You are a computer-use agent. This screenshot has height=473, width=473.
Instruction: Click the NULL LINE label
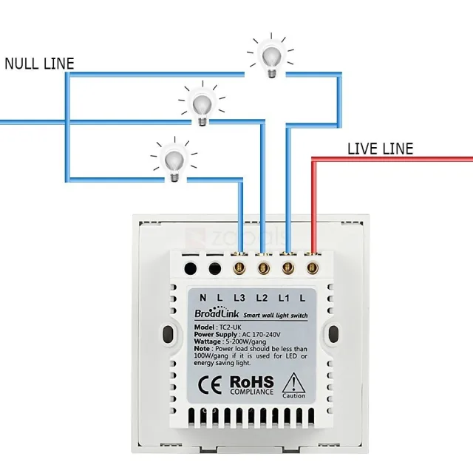(39, 64)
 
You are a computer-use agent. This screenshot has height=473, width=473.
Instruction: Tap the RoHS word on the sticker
(251, 382)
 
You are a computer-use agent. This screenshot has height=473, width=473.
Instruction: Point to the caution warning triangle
(293, 383)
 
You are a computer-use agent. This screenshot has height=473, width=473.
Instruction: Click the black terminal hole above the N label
(191, 268)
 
